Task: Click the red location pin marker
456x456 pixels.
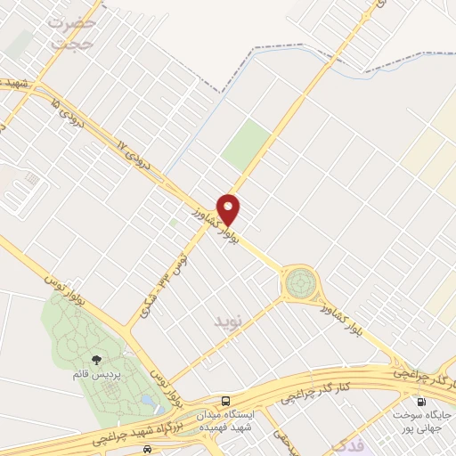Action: tap(229, 208)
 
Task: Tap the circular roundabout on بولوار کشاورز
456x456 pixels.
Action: tap(300, 284)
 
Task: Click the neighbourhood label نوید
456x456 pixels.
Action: tap(228, 318)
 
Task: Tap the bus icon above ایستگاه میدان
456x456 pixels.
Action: tap(227, 401)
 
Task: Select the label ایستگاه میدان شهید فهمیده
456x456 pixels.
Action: tap(250, 419)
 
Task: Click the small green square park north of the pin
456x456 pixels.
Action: tap(247, 145)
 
